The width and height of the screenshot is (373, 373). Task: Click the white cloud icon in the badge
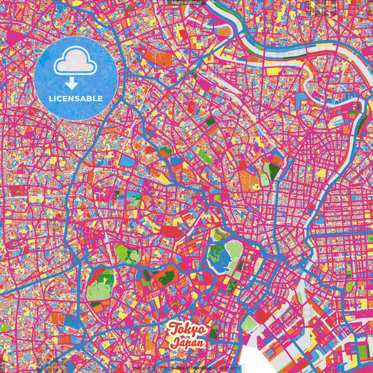[x=75, y=64]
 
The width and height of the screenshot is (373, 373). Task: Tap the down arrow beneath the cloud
[x=75, y=83]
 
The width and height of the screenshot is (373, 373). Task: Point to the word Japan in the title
[x=188, y=344]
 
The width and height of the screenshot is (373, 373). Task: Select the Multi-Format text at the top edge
[x=186, y=3]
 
